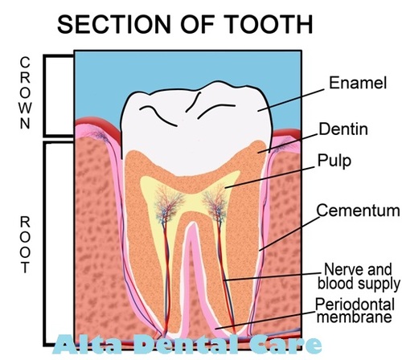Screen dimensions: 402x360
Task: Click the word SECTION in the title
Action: [x=114, y=24]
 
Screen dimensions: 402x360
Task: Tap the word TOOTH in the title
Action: [x=269, y=24]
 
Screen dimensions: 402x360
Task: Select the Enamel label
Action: [x=358, y=83]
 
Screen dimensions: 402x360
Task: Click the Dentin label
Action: [x=343, y=129]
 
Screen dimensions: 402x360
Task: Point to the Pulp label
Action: [x=334, y=161]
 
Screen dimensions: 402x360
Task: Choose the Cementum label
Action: [x=358, y=211]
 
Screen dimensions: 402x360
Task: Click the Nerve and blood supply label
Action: [x=359, y=276]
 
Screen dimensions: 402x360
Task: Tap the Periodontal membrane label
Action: [x=355, y=310]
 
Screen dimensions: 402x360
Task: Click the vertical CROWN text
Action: [x=25, y=93]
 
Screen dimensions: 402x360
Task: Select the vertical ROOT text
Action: [x=25, y=245]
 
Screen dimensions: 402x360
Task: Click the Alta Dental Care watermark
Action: [x=187, y=345]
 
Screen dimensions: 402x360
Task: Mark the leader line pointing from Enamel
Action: [x=291, y=100]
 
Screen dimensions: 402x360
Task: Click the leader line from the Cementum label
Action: [x=289, y=234]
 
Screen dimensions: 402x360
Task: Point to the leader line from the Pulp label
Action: [x=270, y=178]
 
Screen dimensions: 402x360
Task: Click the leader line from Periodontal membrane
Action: [x=265, y=320]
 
